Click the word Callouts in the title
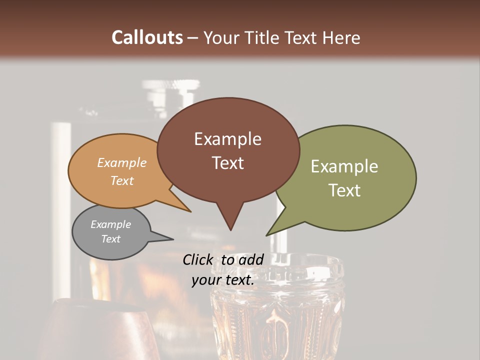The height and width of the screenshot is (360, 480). click(147, 37)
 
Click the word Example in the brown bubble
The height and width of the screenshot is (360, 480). click(227, 139)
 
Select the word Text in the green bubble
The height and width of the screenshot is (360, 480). click(345, 190)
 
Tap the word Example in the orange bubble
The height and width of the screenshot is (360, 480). click(121, 163)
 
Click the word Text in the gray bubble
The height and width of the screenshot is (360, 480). click(110, 239)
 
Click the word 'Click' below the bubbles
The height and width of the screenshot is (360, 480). click(198, 259)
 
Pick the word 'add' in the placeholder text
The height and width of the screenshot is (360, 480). click(251, 259)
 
